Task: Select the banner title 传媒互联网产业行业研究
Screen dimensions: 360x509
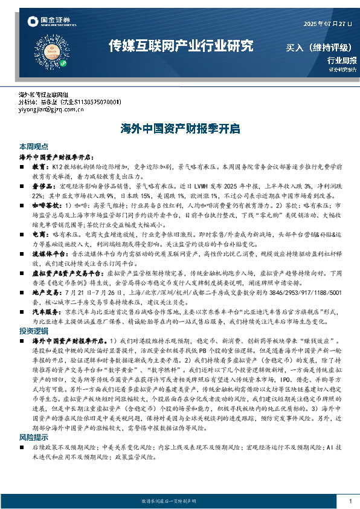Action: click(x=180, y=46)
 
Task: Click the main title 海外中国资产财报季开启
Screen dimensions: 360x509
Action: click(x=180, y=129)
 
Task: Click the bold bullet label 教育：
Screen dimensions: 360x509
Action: click(x=40, y=165)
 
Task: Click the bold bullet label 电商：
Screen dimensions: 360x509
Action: click(x=40, y=232)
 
